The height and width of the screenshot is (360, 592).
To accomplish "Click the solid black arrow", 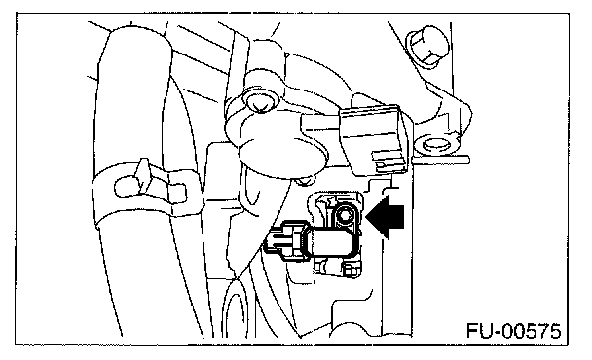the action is (386, 217).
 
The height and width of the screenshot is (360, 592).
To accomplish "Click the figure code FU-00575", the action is (513, 331).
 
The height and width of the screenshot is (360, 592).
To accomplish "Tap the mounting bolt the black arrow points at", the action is (345, 216).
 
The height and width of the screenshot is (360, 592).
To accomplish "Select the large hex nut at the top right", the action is (427, 46).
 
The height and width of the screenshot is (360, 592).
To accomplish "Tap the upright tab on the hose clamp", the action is (143, 173).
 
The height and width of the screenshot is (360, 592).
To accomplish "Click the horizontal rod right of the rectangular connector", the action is (442, 160).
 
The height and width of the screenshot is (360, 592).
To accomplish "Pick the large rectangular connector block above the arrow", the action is (374, 140).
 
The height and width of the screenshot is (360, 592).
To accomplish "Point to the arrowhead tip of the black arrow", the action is (366, 217).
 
